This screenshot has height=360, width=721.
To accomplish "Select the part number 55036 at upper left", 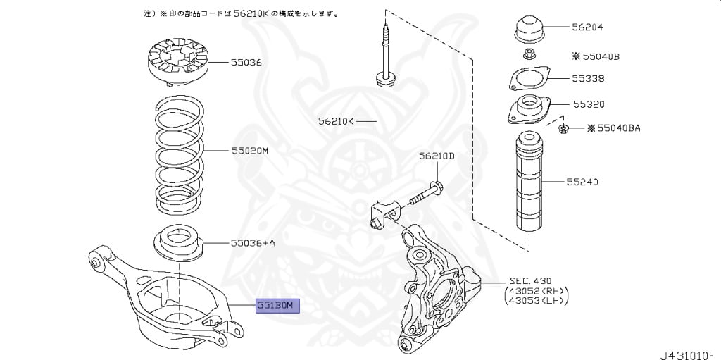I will point(246,62).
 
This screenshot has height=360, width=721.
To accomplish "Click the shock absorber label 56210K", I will point(335,120).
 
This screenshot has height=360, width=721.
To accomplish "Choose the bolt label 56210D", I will point(437,156).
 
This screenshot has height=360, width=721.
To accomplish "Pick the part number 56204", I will point(587,27).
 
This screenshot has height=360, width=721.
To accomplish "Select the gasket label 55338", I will point(587,78).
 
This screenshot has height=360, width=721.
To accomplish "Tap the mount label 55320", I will point(587,104).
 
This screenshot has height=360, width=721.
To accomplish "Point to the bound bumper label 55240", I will point(582,181).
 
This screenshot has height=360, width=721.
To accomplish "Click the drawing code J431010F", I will point(686,349).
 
